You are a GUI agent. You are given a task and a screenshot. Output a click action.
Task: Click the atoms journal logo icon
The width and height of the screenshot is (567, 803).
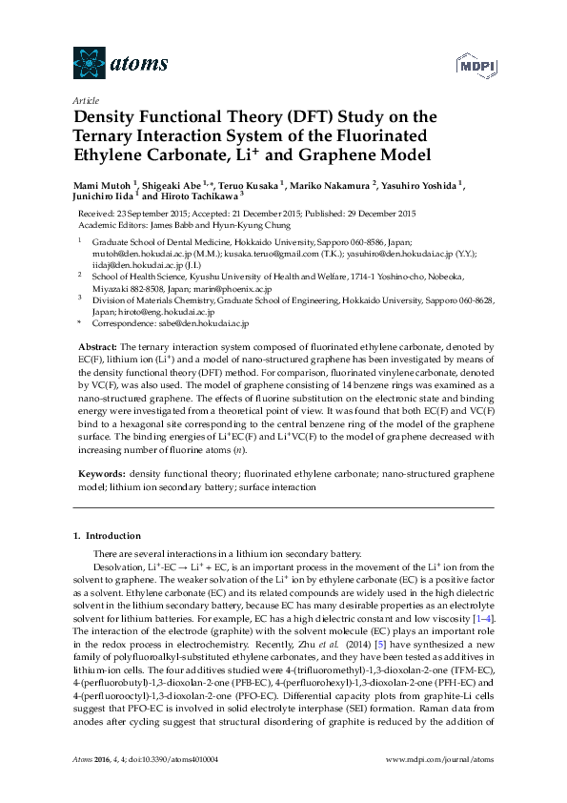pyautogui.click(x=87, y=64)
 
